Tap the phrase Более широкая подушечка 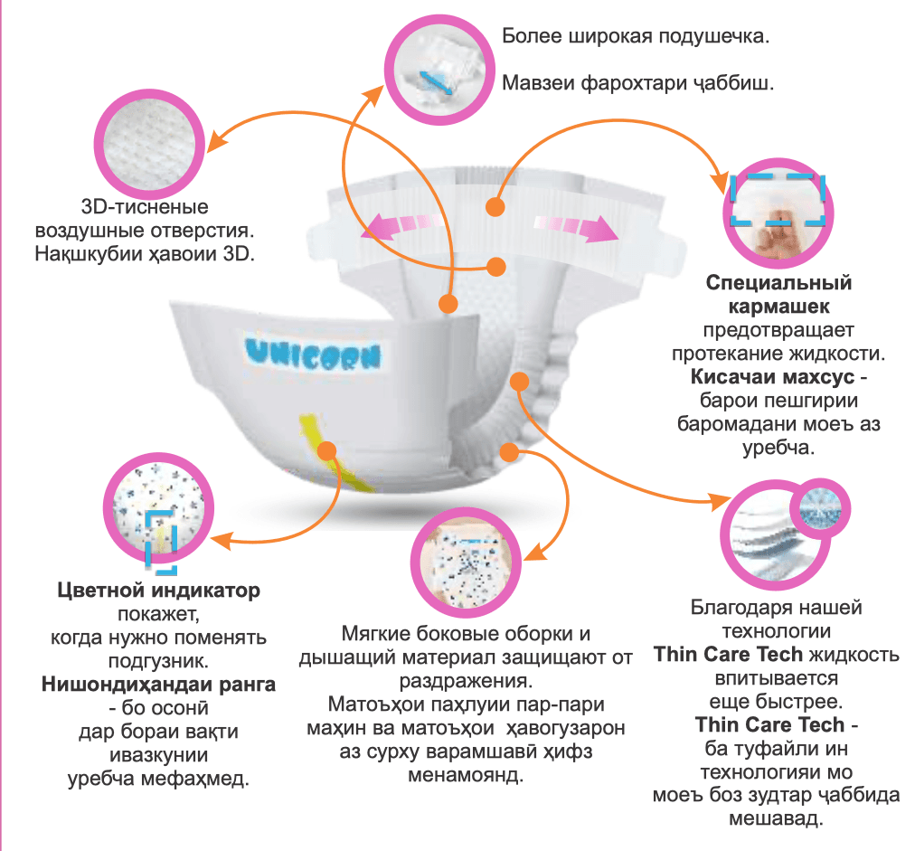coord(636,39)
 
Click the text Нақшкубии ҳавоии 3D coord(145,253)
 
